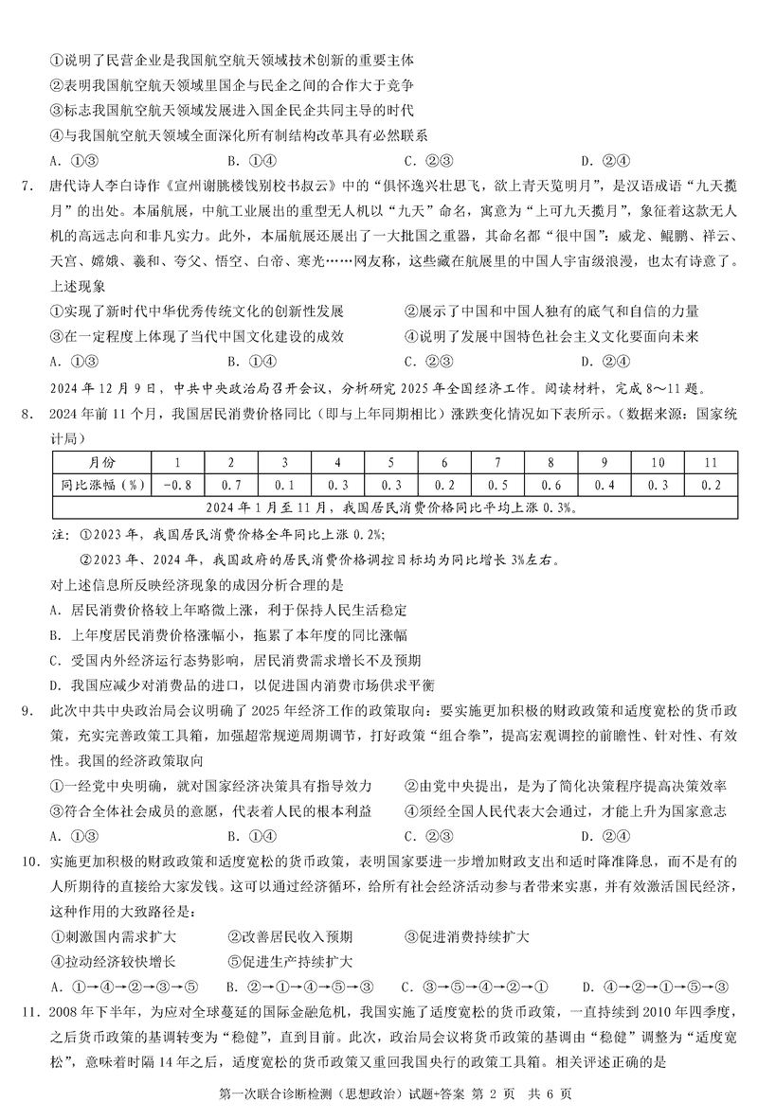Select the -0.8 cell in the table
pos(171,486)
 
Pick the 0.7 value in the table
pos(230,486)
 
